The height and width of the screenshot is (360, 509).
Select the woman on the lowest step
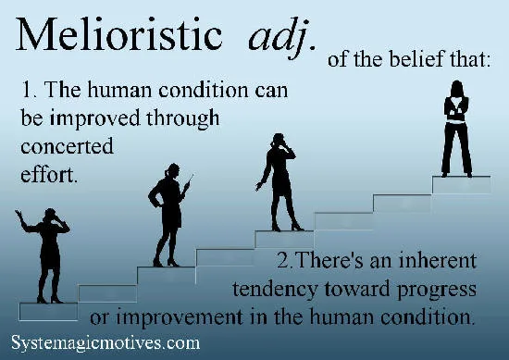coord(47,254)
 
